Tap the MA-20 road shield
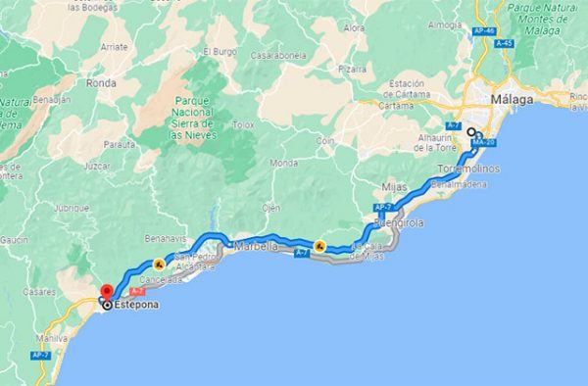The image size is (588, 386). (480, 143)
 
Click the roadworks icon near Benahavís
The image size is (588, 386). (158, 264)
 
